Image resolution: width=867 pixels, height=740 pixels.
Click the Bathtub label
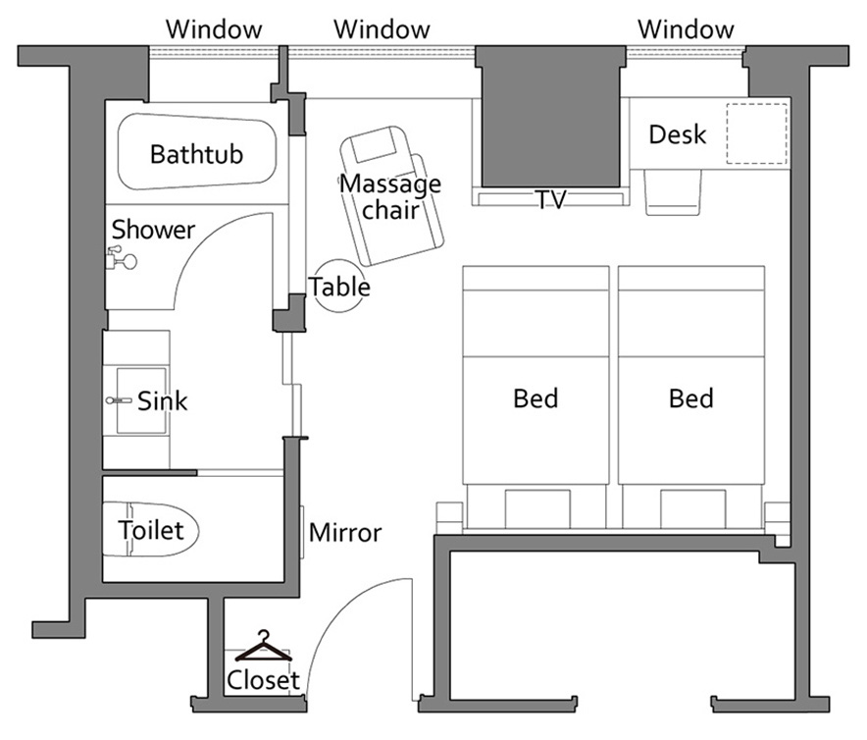[x=196, y=154]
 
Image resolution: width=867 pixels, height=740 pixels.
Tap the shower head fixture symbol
[x=121, y=258]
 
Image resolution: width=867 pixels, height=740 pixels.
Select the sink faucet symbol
[x=118, y=400]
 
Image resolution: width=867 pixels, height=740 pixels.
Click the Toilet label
[x=150, y=530]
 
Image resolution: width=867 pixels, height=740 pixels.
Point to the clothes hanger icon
[x=264, y=647]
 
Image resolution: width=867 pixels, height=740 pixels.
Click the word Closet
[x=263, y=680]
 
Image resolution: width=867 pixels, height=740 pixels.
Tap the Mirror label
[x=345, y=533]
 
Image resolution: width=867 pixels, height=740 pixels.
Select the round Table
[x=339, y=286]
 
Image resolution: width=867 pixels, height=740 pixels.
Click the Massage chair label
[x=390, y=196]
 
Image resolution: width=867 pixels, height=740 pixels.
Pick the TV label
[x=551, y=200]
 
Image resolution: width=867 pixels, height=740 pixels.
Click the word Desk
[x=678, y=134]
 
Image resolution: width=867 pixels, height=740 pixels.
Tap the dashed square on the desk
[x=756, y=133]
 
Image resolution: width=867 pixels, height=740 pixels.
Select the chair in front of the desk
[x=673, y=192]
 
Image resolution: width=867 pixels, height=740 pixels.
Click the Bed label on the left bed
[x=535, y=398]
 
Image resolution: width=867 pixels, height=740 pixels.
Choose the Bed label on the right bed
[x=691, y=398]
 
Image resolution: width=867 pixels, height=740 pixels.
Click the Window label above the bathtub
[x=214, y=29]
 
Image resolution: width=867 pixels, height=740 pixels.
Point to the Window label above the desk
[x=687, y=29]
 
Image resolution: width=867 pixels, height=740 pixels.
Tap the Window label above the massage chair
[x=382, y=29]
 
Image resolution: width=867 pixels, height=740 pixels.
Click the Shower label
[x=153, y=230]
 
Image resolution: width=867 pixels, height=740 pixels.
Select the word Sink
[x=162, y=401]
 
